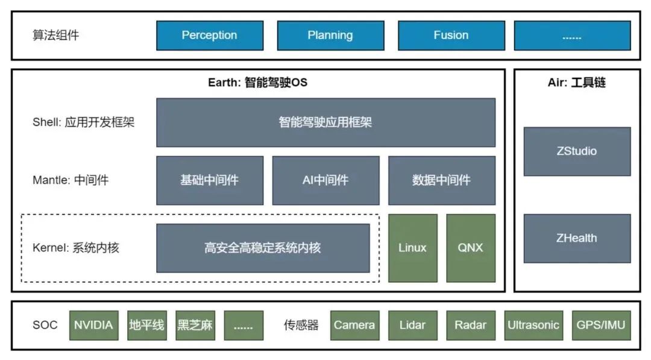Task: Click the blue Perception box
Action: tap(210, 36)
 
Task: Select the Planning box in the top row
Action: tap(330, 36)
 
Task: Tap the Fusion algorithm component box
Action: tap(451, 36)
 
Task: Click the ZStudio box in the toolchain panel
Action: tap(577, 151)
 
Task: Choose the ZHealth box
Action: tap(577, 238)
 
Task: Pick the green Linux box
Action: tap(412, 248)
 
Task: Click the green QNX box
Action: tap(471, 248)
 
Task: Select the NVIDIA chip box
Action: tap(93, 326)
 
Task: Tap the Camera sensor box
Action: tap(354, 326)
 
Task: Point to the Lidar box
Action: tap(412, 326)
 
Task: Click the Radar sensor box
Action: tap(471, 326)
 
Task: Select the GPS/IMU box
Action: tap(600, 326)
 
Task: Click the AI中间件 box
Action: tap(325, 180)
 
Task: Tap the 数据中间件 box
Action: tap(441, 180)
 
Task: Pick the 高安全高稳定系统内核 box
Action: tap(263, 248)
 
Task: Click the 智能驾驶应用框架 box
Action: tap(325, 122)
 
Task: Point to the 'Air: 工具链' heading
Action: tap(576, 83)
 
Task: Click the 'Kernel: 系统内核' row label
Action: tap(76, 248)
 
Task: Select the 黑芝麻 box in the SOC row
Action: tap(195, 326)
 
